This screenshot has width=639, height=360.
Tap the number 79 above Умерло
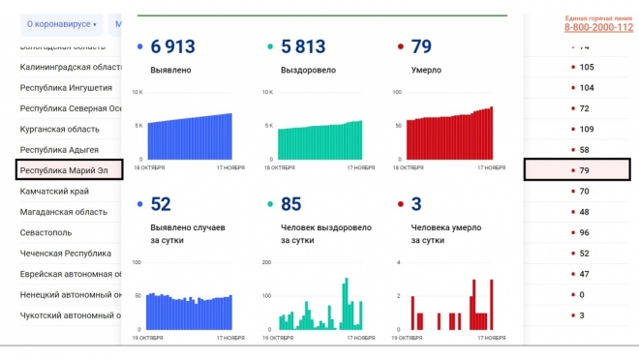click(421, 46)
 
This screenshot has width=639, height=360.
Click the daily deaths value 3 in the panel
click(416, 203)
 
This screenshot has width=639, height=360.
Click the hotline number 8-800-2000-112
click(598, 28)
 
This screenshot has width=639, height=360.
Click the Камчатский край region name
click(56, 192)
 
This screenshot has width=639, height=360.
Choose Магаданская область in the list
click(64, 212)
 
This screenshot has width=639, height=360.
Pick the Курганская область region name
click(60, 129)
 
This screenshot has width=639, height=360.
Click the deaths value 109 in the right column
click(586, 129)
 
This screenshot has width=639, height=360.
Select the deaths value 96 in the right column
click(584, 233)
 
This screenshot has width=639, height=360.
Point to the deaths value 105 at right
click(586, 67)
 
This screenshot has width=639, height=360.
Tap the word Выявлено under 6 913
click(171, 71)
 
